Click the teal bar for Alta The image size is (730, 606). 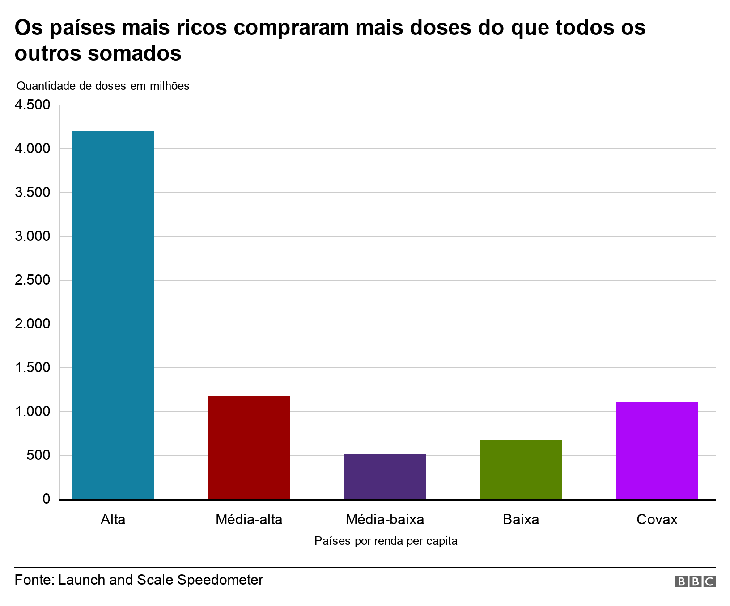click(x=113, y=315)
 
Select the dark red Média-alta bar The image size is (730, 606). click(x=249, y=447)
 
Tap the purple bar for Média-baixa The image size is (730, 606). click(x=385, y=476)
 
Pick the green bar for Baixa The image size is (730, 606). click(x=521, y=469)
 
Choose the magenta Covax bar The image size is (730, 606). click(x=657, y=450)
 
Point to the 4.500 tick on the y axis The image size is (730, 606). click(x=32, y=105)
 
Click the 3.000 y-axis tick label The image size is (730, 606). click(x=32, y=237)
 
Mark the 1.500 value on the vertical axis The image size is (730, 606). click(x=32, y=368)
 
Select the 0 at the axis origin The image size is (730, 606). click(x=47, y=499)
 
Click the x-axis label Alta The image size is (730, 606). click(x=113, y=520)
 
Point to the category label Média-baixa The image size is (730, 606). click(x=385, y=520)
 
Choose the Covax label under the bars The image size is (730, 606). click(x=657, y=520)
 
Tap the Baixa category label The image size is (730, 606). click(x=521, y=520)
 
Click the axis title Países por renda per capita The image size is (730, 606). click(x=386, y=541)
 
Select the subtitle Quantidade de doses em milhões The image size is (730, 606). click(x=103, y=86)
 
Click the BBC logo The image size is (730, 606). click(x=696, y=581)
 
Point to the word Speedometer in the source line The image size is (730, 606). click(x=220, y=580)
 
